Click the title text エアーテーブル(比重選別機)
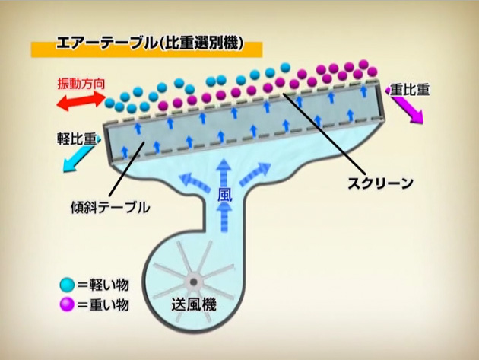click(150, 43)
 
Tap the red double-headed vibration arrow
click(81, 101)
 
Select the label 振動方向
click(81, 84)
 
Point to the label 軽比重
click(77, 139)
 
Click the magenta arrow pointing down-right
click(406, 106)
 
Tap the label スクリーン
click(380, 183)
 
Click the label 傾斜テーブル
click(110, 207)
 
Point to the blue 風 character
click(225, 195)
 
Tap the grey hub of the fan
click(193, 282)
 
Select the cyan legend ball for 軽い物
click(67, 285)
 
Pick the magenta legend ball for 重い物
click(67, 304)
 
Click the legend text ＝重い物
click(103, 304)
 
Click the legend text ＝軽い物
click(103, 285)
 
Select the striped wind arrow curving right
click(255, 174)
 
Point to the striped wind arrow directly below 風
click(225, 218)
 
